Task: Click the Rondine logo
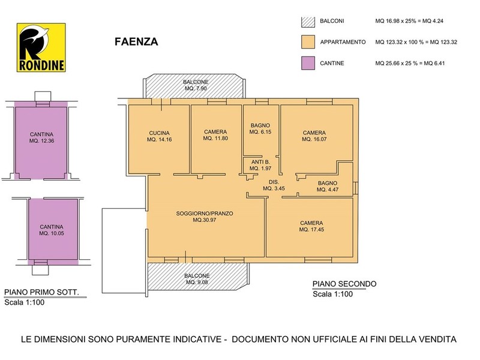(41, 48)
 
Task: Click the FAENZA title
(136, 41)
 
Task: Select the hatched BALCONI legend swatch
(308, 21)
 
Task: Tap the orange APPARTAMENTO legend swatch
(308, 42)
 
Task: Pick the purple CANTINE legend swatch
(308, 63)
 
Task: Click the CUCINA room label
(159, 133)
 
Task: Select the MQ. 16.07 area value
(314, 139)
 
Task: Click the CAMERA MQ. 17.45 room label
(311, 226)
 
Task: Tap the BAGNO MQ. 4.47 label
(328, 187)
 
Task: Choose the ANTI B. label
(260, 162)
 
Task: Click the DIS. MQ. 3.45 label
(274, 185)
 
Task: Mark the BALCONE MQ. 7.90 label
(196, 85)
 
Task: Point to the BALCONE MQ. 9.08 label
(197, 279)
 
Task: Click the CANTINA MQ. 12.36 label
(41, 137)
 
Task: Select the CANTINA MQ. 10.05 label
(52, 230)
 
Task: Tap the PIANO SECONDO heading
(344, 284)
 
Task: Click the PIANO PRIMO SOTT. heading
(41, 292)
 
